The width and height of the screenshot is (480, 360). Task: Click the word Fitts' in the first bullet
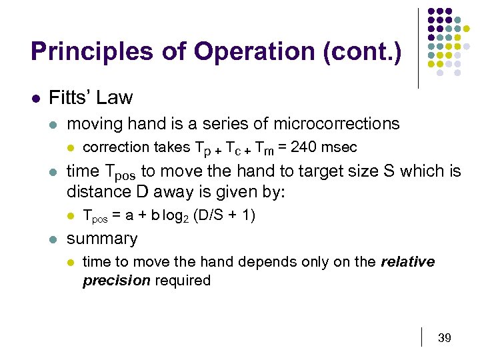point(69,98)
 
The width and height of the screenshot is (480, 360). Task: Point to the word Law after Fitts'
point(114,98)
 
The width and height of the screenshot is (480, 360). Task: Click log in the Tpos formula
point(172,215)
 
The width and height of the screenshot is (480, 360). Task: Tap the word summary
point(102,239)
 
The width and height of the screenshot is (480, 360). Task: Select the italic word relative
point(407,262)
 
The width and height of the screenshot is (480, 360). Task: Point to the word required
point(183,281)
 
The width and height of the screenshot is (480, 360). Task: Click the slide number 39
point(444,338)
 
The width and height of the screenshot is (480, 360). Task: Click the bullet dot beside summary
point(53,239)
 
